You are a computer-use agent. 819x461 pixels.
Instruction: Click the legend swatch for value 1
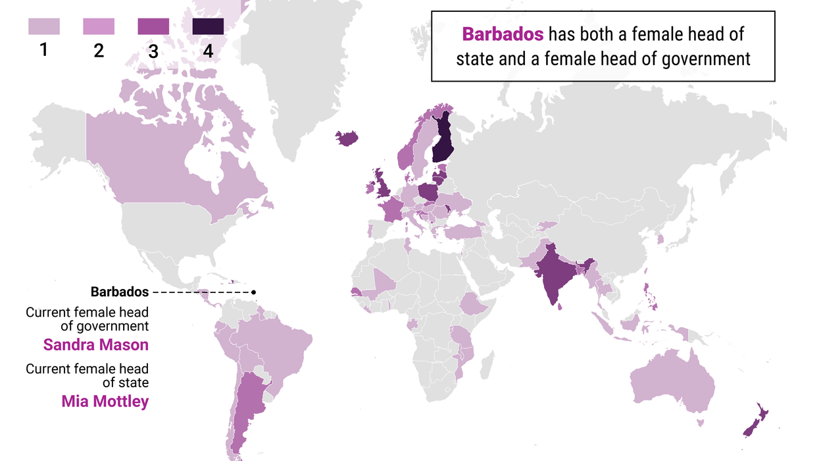pyautogui.click(x=43, y=26)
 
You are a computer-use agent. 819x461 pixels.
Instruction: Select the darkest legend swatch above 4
pyautogui.click(x=208, y=26)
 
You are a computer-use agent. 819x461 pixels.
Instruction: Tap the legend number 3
pyautogui.click(x=153, y=51)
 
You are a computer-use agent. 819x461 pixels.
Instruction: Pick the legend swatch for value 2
pyautogui.click(x=99, y=26)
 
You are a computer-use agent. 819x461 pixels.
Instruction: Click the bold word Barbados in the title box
pyautogui.click(x=503, y=34)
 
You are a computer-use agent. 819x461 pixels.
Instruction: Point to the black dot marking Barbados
pyautogui.click(x=253, y=292)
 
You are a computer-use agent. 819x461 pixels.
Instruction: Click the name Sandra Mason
pyautogui.click(x=96, y=344)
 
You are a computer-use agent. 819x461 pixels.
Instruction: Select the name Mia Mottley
pyautogui.click(x=105, y=400)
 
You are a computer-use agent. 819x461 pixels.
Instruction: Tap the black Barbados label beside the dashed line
pyautogui.click(x=120, y=292)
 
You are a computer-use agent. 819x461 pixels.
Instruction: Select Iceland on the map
pyautogui.click(x=347, y=138)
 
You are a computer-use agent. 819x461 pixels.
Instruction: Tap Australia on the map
pyautogui.click(x=671, y=382)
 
